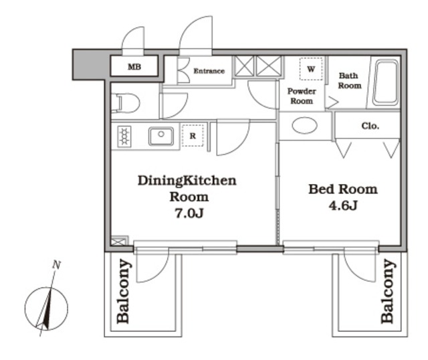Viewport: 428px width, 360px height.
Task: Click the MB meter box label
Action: [134, 67]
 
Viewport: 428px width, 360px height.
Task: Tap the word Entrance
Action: [209, 71]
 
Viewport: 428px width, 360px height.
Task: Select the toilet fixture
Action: [126, 103]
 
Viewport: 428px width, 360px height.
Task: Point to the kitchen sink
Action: [161, 136]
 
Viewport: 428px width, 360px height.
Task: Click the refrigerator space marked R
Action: [193, 135]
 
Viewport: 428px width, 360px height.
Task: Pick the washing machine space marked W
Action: [311, 69]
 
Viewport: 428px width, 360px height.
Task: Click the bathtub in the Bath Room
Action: [385, 82]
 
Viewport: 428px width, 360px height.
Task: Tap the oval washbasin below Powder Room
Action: [305, 125]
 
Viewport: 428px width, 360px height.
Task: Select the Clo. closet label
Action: [370, 126]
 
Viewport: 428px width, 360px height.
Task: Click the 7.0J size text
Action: [189, 213]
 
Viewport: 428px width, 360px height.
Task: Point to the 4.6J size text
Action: [343, 205]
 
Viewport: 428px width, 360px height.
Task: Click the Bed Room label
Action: [343, 189]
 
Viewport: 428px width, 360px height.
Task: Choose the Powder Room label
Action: [302, 96]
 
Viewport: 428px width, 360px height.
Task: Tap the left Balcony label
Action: [123, 291]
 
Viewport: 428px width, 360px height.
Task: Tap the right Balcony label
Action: [387, 291]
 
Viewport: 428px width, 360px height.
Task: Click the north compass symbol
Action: [46, 308]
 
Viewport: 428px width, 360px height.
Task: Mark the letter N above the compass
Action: [56, 265]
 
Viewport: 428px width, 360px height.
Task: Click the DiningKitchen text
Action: [187, 181]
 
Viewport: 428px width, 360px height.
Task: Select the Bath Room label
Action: [349, 80]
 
